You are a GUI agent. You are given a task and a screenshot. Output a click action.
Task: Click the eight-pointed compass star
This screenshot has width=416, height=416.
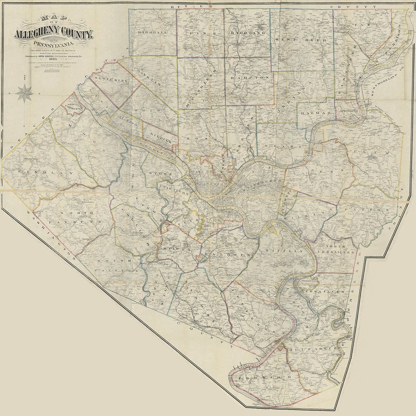click(25, 94)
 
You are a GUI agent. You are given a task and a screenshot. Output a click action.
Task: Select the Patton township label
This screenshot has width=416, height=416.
click(366, 210)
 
